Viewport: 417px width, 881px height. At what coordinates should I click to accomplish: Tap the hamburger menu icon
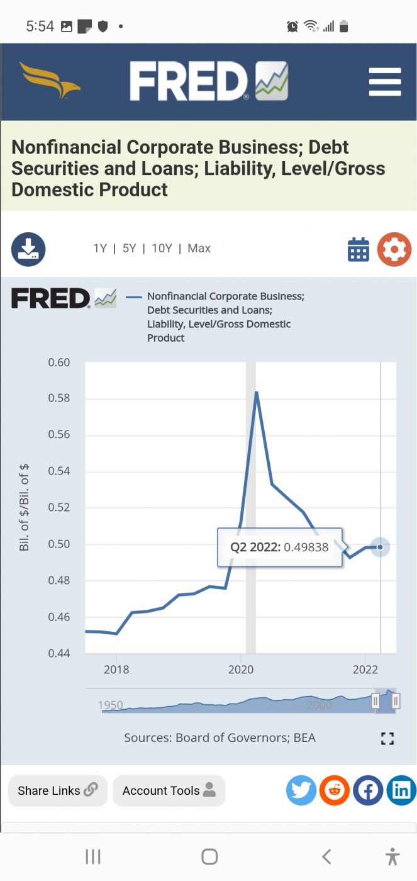385,82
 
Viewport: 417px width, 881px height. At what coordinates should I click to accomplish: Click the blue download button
28,249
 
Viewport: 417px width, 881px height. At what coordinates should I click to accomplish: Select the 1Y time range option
100,249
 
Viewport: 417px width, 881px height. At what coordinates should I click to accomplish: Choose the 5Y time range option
130,249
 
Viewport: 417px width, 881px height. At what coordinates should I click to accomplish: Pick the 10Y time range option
162,249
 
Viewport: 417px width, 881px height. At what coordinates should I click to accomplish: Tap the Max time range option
199,249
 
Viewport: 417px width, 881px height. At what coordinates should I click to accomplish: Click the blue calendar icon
359,249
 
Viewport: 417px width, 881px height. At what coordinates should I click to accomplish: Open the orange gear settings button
394,249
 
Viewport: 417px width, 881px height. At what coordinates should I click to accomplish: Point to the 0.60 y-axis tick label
59,362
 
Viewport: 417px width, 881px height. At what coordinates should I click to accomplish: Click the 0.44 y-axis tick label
59,653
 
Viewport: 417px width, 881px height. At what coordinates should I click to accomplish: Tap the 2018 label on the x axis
116,670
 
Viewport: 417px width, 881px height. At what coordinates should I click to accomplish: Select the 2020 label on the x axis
241,670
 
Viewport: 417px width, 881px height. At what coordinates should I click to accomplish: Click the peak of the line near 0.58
256,393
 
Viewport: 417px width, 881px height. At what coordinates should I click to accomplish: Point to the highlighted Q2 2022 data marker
380,547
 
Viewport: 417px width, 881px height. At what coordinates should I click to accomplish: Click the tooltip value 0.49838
306,547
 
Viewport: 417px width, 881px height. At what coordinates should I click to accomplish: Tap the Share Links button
58,790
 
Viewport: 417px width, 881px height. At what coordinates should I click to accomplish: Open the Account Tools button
169,790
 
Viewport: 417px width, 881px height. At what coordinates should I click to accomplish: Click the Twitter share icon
301,790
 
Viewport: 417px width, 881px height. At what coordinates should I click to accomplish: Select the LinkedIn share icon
401,790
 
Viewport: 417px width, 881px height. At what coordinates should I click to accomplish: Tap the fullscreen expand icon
387,738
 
